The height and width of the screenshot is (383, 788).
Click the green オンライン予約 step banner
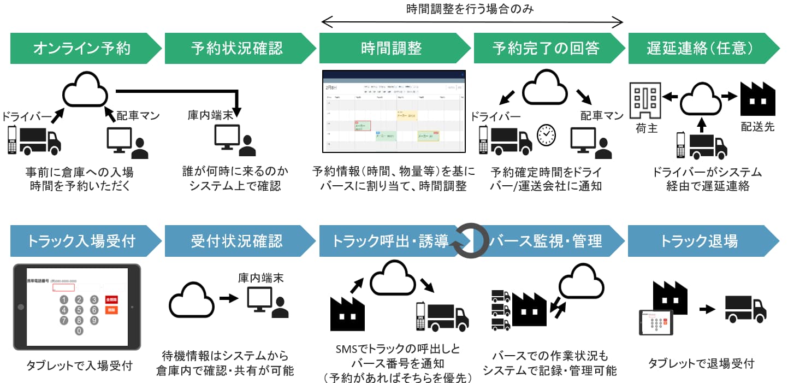point(82,48)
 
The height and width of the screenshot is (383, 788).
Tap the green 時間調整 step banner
point(392,48)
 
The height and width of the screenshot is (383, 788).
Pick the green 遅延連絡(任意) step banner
point(701,48)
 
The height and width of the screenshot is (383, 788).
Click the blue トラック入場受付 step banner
point(82,241)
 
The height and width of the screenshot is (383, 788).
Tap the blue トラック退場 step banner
point(700,241)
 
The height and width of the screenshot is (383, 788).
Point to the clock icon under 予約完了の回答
point(547,135)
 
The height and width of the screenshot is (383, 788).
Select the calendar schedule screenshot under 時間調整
point(393,111)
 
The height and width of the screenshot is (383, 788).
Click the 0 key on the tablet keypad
point(79,331)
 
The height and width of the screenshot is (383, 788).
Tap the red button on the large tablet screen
point(111,299)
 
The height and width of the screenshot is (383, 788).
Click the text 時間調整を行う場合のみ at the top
point(470,9)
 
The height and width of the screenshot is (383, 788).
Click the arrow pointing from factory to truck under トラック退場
point(707,309)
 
